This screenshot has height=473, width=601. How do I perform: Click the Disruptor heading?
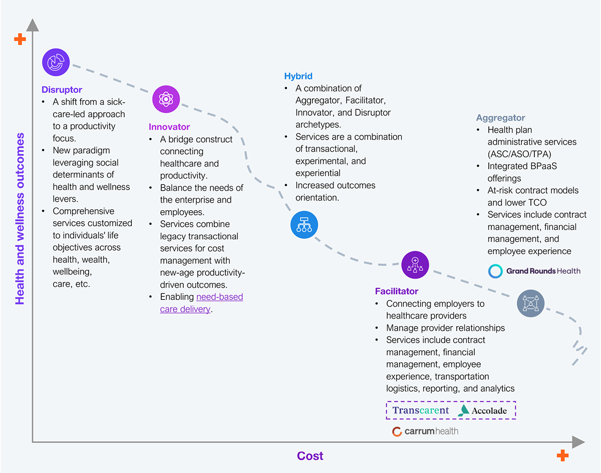pyautogui.click(x=62, y=90)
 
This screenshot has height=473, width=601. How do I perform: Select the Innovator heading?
pyautogui.click(x=169, y=127)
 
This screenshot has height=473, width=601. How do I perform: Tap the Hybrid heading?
pyautogui.click(x=298, y=76)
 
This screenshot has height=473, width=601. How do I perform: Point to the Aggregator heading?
pyautogui.click(x=500, y=118)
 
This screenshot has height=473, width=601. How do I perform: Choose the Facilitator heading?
pyautogui.click(x=396, y=291)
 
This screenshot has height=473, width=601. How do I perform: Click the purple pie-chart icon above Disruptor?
pyautogui.click(x=56, y=62)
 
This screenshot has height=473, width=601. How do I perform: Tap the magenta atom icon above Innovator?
pyautogui.click(x=166, y=99)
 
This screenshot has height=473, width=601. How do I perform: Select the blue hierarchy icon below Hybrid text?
pyautogui.click(x=304, y=225)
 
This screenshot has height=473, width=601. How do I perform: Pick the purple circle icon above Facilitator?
pyautogui.click(x=415, y=265)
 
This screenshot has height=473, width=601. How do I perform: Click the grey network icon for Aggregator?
pyautogui.click(x=531, y=303)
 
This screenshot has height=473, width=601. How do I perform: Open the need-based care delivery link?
pyautogui.click(x=201, y=303)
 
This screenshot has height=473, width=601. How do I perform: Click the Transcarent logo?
pyautogui.click(x=420, y=410)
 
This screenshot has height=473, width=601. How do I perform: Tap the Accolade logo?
pyautogui.click(x=482, y=410)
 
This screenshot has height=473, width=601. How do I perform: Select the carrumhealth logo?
pyautogui.click(x=425, y=431)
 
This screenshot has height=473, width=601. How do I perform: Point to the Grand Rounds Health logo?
pyautogui.click(x=534, y=271)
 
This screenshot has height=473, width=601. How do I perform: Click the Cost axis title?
pyautogui.click(x=310, y=456)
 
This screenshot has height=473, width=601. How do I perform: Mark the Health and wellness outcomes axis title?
pyautogui.click(x=20, y=219)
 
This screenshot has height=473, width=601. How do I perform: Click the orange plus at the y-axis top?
pyautogui.click(x=20, y=39)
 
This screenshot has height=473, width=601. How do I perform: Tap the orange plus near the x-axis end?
pyautogui.click(x=562, y=455)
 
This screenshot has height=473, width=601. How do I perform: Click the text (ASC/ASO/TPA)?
pyautogui.click(x=519, y=154)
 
